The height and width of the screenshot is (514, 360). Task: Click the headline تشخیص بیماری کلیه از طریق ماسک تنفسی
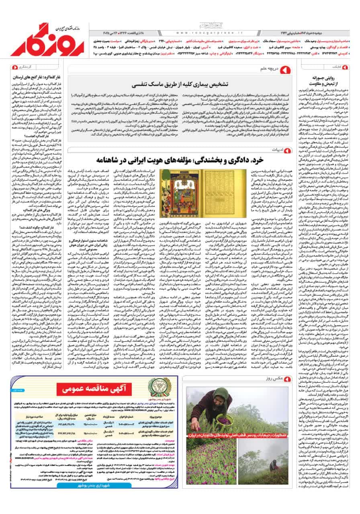pos(184,85)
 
